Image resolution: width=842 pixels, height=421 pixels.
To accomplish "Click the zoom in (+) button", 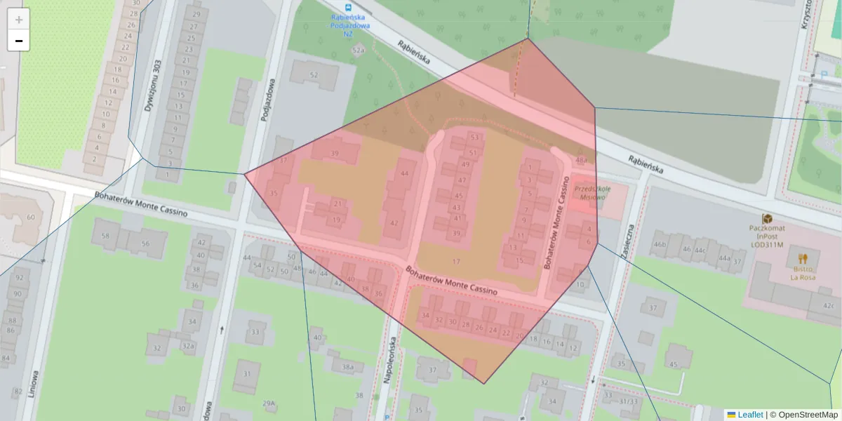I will pyautogui.click(x=19, y=20).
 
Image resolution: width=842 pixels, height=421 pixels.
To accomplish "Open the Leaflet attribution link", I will pyautogui.click(x=750, y=415).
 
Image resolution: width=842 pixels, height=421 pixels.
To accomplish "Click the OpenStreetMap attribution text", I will pyautogui.click(x=803, y=415).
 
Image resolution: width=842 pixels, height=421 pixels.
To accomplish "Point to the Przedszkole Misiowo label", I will pyautogui.click(x=591, y=194).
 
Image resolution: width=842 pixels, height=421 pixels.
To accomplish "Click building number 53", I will pyautogui.click(x=474, y=138).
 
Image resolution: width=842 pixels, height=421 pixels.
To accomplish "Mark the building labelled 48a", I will pyautogui.click(x=581, y=161).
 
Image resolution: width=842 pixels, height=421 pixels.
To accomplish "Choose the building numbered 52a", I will pyautogui.click(x=358, y=51).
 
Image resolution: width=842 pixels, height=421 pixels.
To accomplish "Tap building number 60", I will pyautogui.click(x=30, y=217).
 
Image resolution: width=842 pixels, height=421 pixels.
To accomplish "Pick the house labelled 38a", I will pyautogui.click(x=348, y=367).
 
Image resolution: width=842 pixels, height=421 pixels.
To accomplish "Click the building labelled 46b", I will pyautogui.click(x=660, y=244).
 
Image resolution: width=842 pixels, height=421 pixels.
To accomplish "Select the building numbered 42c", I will pyautogui.click(x=829, y=305).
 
